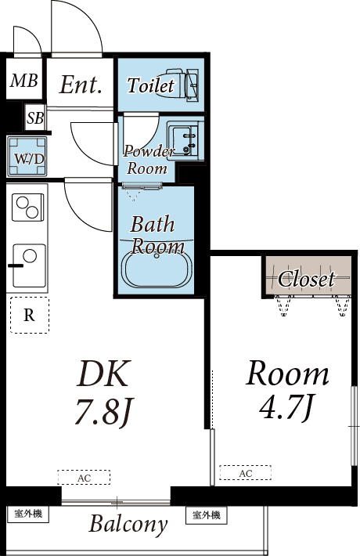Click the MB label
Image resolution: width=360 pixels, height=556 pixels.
click(x=23, y=81)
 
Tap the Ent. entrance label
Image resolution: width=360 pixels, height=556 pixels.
click(x=81, y=85)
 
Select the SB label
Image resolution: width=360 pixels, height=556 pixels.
click(x=35, y=118)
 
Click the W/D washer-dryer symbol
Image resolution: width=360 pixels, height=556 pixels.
click(x=27, y=157)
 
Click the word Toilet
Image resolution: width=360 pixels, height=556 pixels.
click(x=151, y=85)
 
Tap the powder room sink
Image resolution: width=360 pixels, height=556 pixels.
click(x=184, y=139)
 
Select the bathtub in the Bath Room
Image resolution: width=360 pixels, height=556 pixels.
click(x=157, y=268)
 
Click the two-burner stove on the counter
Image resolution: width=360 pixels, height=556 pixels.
click(x=28, y=208)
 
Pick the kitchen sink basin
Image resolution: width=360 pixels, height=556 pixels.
click(x=30, y=265)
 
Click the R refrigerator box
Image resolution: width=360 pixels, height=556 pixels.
click(x=30, y=315)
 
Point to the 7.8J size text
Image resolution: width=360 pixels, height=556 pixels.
click(x=103, y=412)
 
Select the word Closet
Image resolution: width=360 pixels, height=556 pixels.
click(x=306, y=279)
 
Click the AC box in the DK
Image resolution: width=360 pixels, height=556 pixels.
click(x=84, y=477)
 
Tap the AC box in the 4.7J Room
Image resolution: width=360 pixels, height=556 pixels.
click(x=246, y=473)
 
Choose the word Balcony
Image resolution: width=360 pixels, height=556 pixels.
click(x=128, y=524)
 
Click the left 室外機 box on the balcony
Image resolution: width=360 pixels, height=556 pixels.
click(x=28, y=514)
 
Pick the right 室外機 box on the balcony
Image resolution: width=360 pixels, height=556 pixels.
click(x=207, y=515)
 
